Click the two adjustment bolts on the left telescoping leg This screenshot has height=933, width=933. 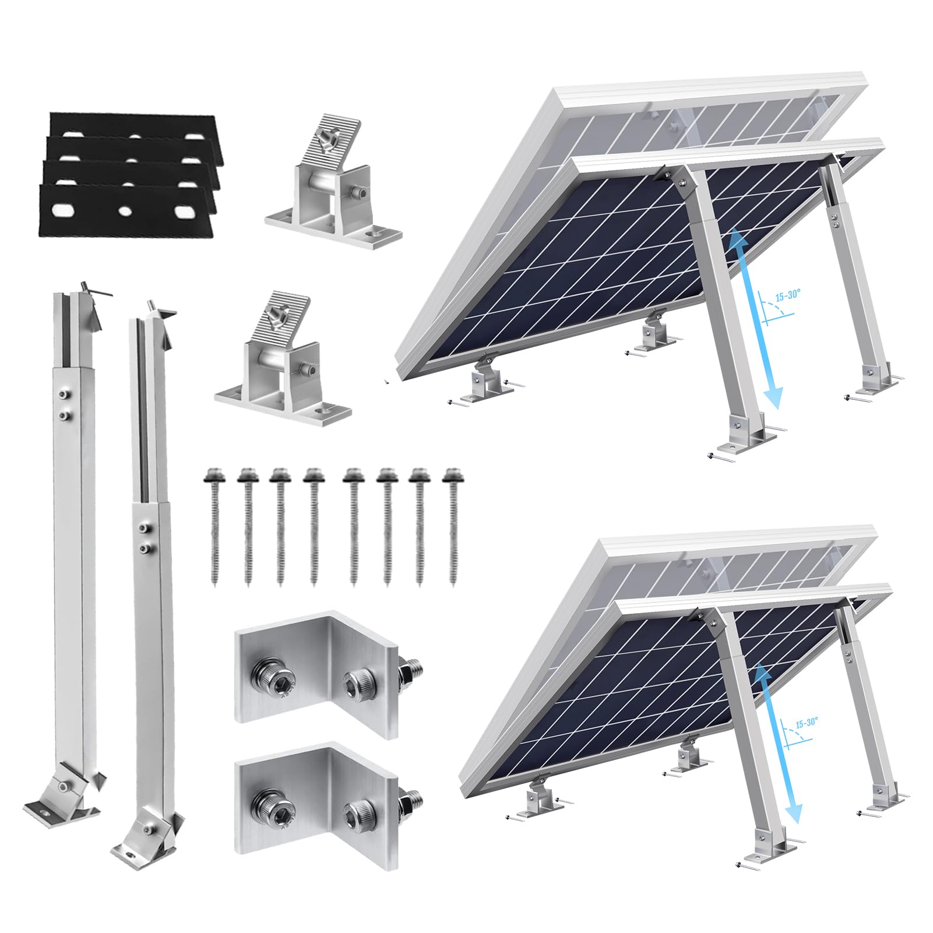tap(62, 406)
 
